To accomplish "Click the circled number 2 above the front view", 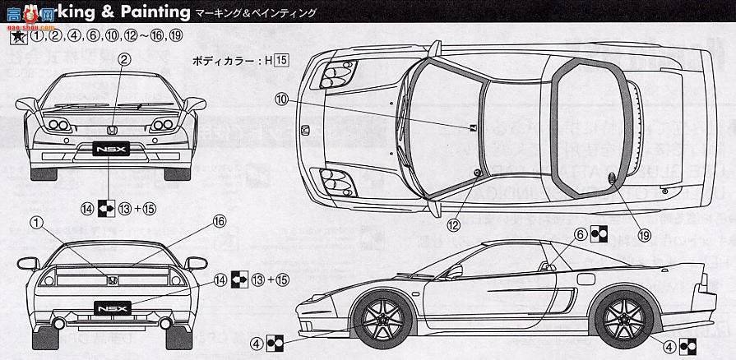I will point(123,59).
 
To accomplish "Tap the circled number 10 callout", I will point(281,99).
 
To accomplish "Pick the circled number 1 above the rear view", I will point(35,221).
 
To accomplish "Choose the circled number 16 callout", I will point(218,221).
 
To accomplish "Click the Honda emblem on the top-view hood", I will point(306,129).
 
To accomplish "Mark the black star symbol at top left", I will point(16,35).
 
